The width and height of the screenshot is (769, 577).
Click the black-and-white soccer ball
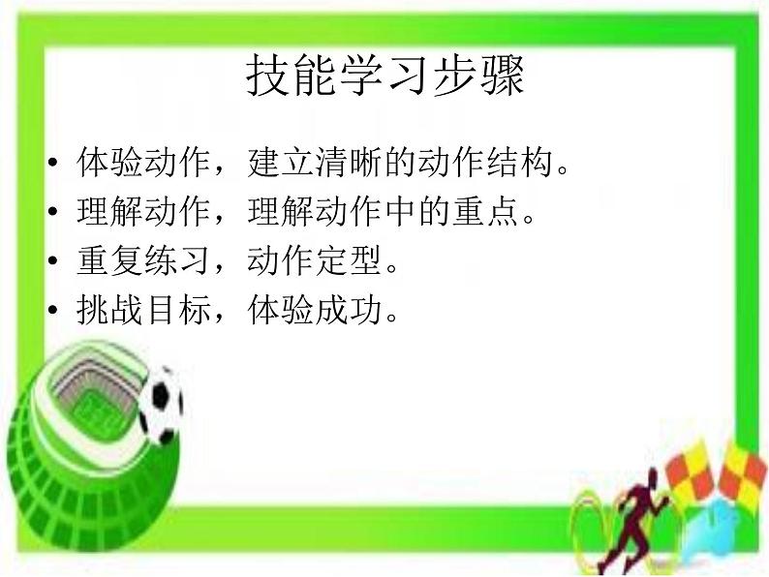tap(160, 401)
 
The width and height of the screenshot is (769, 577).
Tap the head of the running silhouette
tap(650, 473)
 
